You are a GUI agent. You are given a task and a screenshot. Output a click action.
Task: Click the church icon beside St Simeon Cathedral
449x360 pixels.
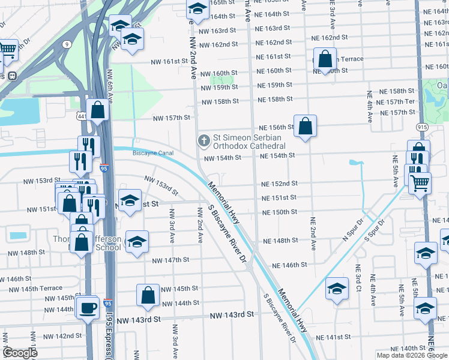click(x=204, y=141)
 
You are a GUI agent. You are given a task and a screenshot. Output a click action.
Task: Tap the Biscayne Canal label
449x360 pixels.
click(x=153, y=153)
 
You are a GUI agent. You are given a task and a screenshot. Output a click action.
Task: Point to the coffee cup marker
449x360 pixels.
click(x=88, y=308)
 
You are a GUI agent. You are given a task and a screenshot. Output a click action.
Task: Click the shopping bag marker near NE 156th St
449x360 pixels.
click(x=305, y=126)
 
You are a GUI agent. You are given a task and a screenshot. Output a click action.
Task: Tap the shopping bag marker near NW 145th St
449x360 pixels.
click(x=148, y=295)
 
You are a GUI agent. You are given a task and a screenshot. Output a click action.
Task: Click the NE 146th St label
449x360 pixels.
click(x=289, y=265)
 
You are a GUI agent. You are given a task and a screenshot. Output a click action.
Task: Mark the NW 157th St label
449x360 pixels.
click(x=174, y=118)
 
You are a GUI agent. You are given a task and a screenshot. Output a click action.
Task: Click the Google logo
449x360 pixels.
click(x=20, y=353)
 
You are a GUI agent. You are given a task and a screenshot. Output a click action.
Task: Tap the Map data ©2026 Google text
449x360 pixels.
click(x=411, y=355)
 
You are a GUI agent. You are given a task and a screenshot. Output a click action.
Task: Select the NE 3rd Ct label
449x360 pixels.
click(x=357, y=278)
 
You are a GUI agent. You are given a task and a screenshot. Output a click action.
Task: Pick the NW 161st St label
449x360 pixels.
click(x=170, y=62)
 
